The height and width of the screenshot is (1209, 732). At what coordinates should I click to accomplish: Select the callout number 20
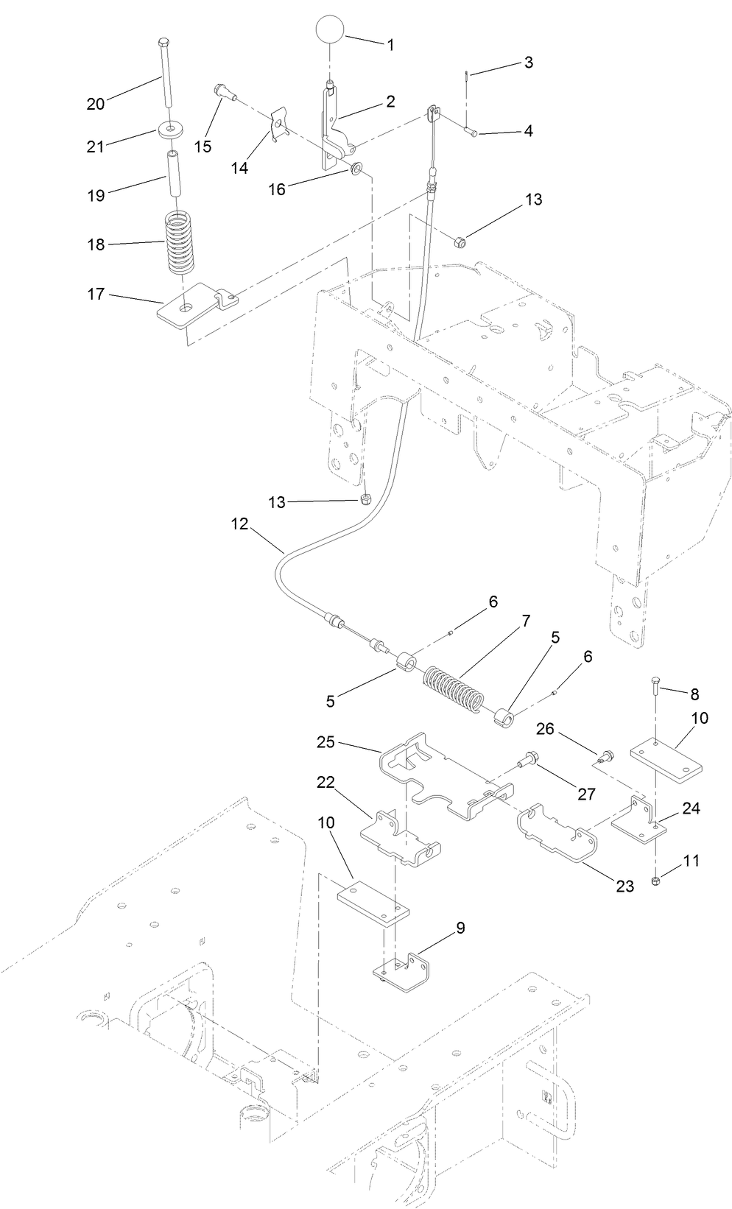point(96,104)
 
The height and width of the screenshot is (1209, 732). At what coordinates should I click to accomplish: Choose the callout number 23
point(624,887)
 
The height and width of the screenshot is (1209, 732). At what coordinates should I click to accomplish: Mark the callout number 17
point(96,295)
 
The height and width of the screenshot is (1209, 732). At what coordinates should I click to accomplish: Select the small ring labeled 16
point(356,169)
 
